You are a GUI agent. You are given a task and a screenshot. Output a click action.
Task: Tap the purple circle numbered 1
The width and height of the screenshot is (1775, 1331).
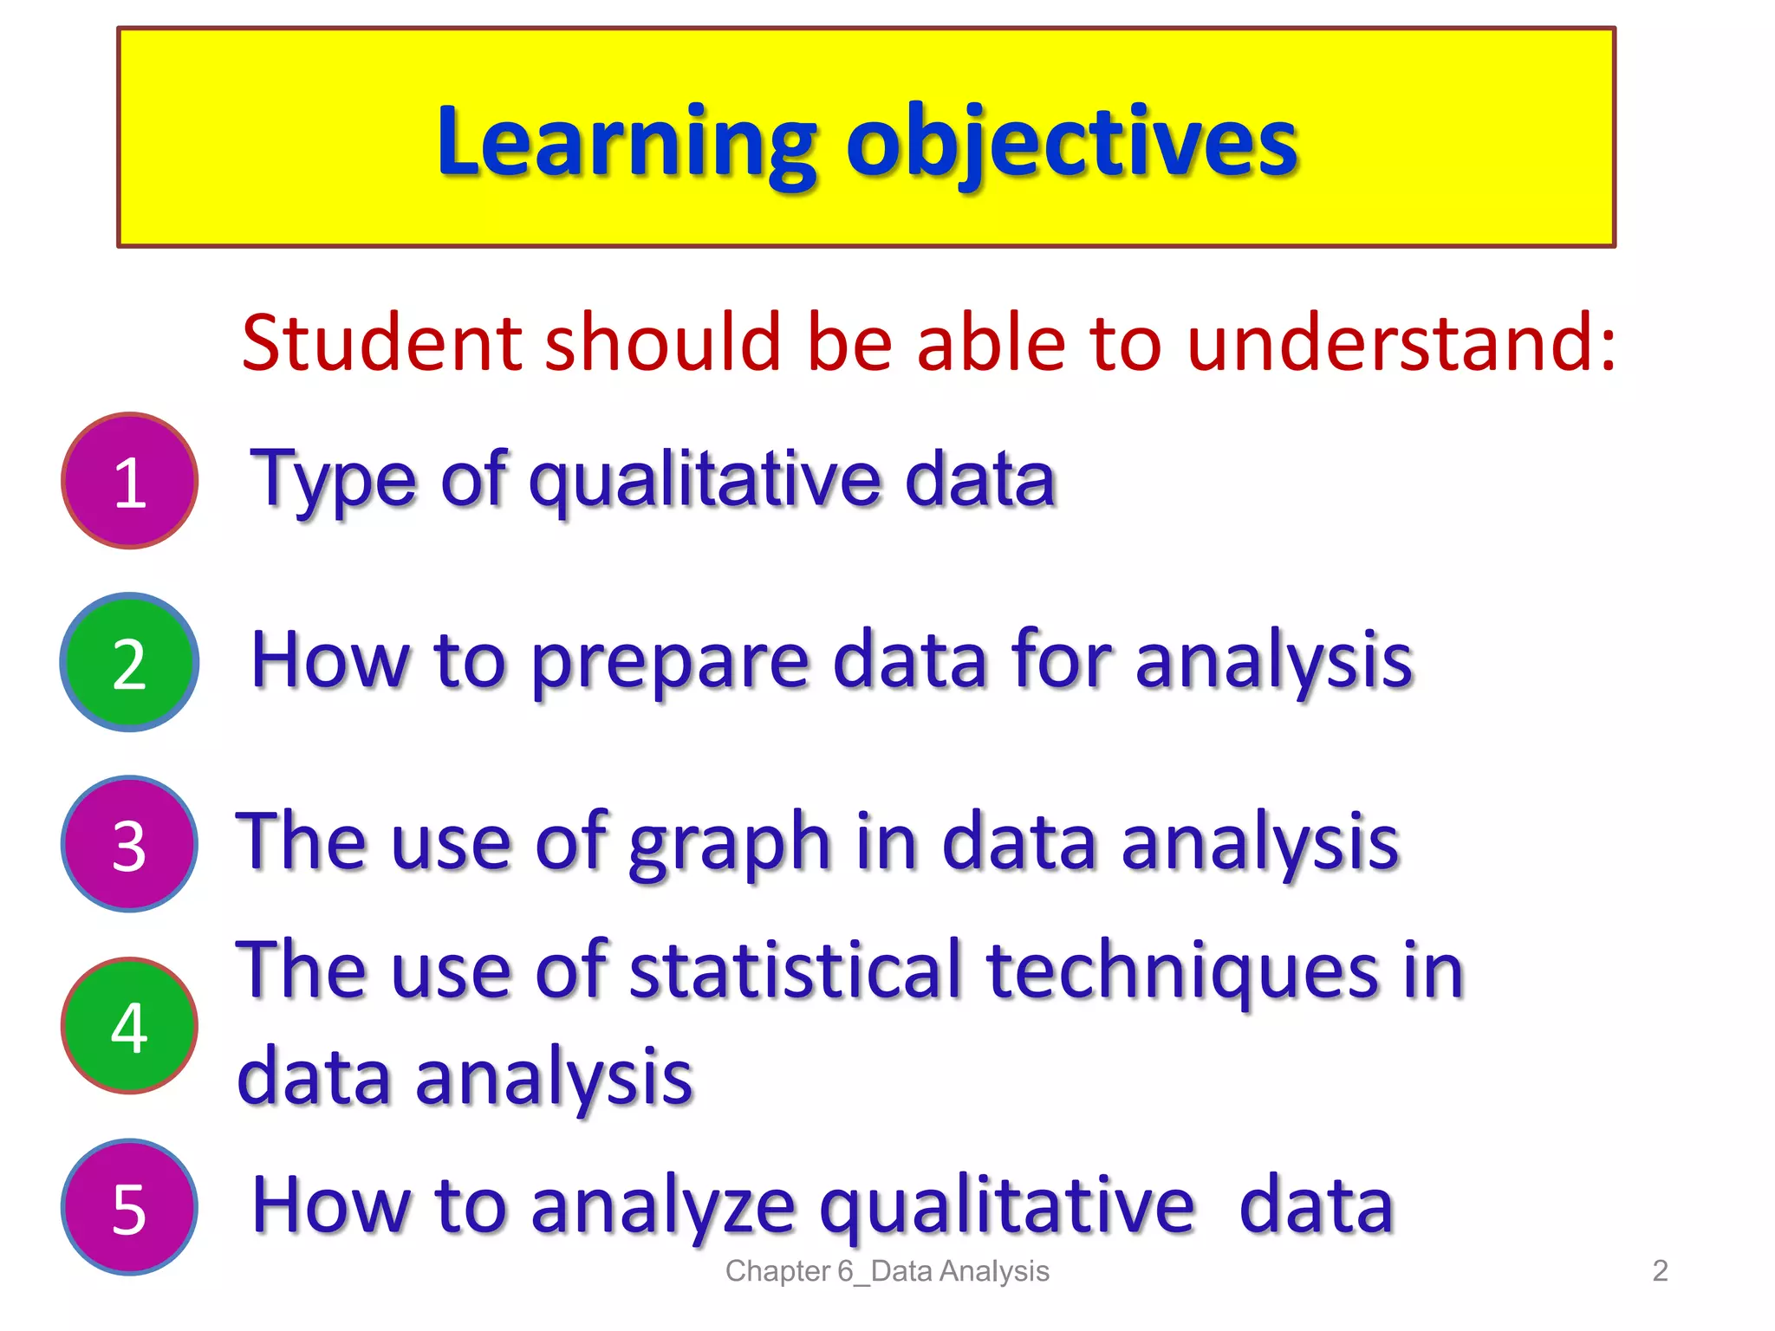tap(130, 481)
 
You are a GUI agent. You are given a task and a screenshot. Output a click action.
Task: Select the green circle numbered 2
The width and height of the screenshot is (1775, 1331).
tap(130, 663)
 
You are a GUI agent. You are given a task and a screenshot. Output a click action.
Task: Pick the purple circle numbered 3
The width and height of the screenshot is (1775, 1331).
tap(130, 845)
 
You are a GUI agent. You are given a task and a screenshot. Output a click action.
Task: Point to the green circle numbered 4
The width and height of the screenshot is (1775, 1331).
tap(130, 1027)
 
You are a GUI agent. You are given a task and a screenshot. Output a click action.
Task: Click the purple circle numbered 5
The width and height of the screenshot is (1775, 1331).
tap(130, 1208)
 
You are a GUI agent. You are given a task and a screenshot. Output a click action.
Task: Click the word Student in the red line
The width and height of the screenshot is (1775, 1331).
tap(381, 343)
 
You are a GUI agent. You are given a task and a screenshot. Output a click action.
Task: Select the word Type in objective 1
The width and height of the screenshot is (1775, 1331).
tap(333, 481)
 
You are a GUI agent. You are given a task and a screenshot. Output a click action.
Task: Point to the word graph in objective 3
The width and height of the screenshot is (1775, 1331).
tap(729, 845)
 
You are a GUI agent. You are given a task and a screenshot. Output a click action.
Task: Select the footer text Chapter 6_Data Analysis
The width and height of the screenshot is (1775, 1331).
tap(887, 1271)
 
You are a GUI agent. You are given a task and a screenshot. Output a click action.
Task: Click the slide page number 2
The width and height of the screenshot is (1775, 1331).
tap(1660, 1271)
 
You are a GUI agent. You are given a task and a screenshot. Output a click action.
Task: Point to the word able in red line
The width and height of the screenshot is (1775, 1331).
tap(989, 343)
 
